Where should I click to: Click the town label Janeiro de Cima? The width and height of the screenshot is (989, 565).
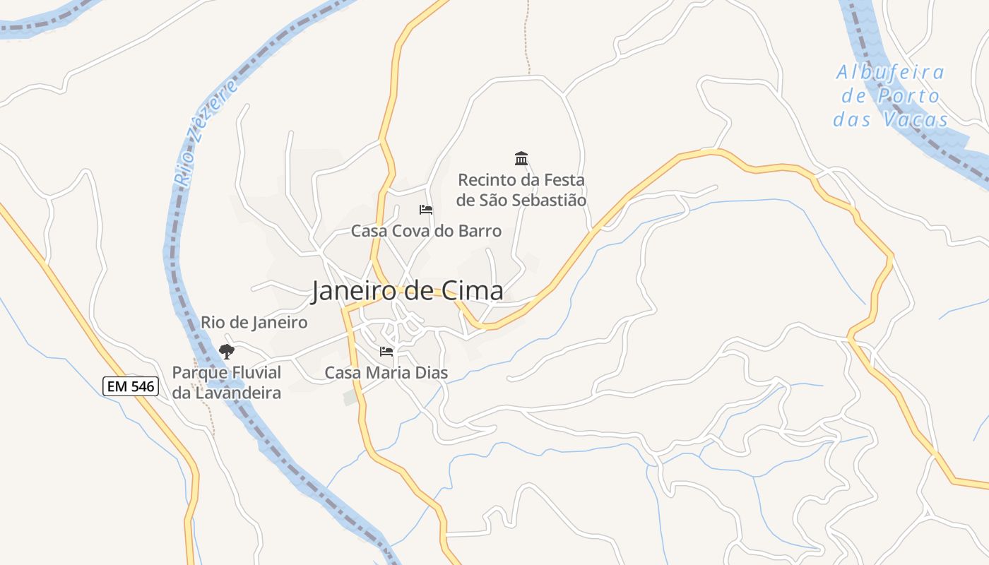408,291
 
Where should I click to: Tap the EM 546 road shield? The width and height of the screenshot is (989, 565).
131,386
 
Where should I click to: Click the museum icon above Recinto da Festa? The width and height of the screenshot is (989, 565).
521,158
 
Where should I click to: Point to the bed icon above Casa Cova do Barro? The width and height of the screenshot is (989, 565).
425,210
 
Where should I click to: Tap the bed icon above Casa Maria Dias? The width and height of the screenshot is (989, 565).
386,351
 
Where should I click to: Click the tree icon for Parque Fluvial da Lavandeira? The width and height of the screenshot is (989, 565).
226,351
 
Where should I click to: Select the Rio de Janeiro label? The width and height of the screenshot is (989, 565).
254,323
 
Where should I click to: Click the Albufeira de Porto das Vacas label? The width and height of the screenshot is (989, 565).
890,96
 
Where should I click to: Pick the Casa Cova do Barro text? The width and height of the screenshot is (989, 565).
426,231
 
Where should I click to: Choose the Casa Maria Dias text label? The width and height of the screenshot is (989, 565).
386,372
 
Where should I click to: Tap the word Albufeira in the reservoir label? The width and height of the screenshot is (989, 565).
890,72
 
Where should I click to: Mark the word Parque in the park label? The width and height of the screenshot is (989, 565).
197,373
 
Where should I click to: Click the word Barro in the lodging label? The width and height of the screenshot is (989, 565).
480,231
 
